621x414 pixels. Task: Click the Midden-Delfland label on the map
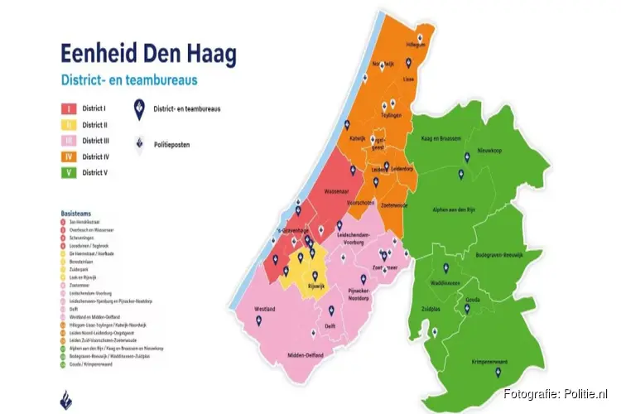pyautogui.click(x=306, y=354)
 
